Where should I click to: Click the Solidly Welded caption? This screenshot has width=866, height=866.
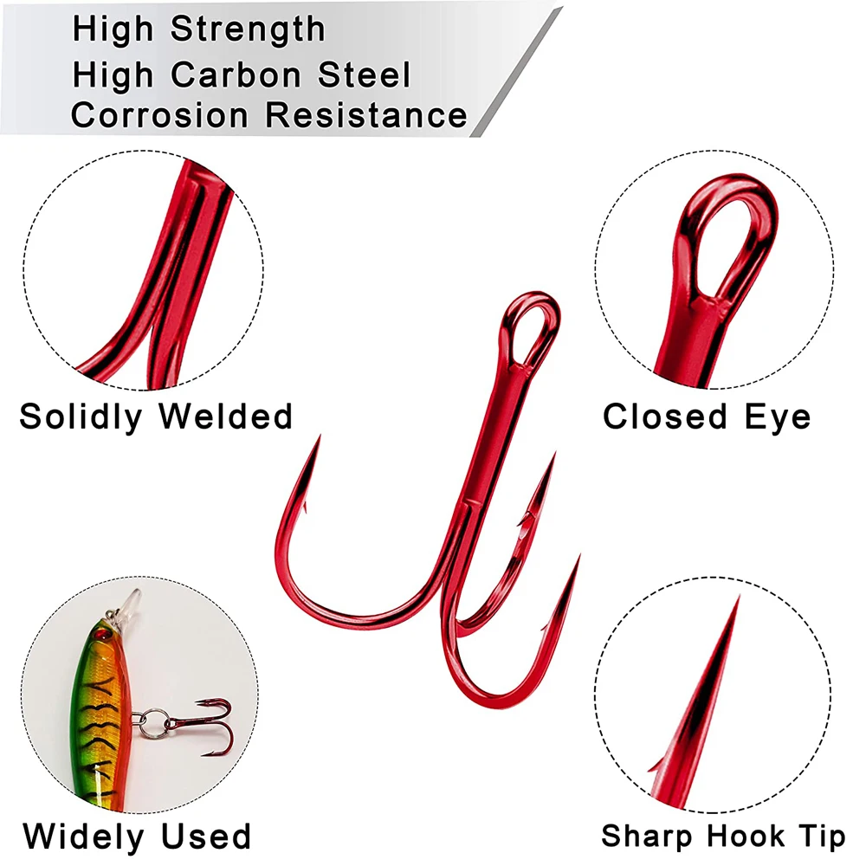[156, 417]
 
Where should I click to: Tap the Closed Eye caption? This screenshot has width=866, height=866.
[707, 417]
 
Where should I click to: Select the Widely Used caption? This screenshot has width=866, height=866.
[137, 837]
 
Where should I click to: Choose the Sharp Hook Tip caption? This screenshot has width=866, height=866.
[722, 837]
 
